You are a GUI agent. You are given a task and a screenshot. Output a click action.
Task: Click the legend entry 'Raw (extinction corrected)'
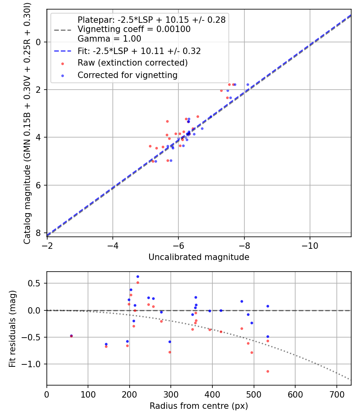click(132, 63)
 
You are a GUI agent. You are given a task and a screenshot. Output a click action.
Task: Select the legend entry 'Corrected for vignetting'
click(127, 75)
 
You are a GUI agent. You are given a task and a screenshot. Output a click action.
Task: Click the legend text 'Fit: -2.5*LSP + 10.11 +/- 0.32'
click(139, 51)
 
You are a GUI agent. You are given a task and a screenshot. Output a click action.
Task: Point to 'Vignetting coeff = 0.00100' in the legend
click(134, 29)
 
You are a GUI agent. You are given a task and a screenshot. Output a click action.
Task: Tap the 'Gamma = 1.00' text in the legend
click(109, 39)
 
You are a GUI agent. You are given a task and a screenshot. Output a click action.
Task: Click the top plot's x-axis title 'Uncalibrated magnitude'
click(199, 257)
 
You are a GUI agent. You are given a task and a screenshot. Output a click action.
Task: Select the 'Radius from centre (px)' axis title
click(199, 406)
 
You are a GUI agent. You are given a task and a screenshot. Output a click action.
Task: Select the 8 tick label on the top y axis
click(39, 233)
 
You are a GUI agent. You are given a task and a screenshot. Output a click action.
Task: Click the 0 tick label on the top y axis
click(39, 42)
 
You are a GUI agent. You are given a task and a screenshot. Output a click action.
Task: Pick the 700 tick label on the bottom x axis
click(336, 394)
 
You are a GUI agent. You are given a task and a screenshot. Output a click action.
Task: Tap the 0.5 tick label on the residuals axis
click(36, 283)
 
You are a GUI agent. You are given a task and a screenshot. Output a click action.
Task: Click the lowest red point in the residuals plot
click(268, 371)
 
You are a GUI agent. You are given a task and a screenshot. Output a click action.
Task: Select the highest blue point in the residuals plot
click(138, 276)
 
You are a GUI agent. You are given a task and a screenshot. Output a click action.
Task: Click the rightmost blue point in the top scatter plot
click(248, 84)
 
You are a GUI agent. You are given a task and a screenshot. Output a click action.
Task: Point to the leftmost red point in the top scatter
click(150, 146)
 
